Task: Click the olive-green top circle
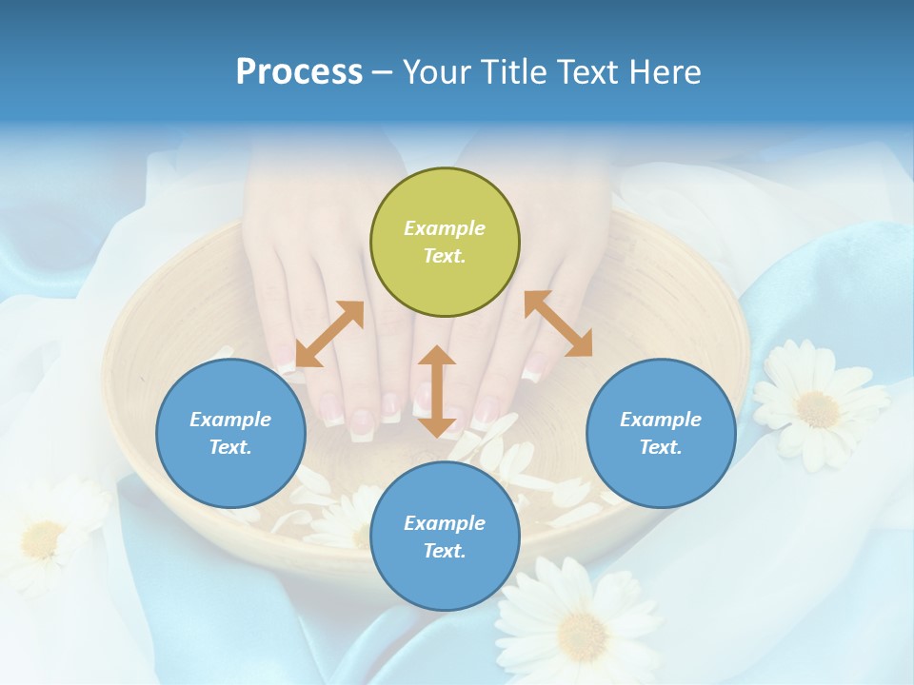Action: [445, 243]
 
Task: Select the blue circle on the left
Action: [230, 434]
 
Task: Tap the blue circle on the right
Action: [661, 434]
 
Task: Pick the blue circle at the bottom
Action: [445, 537]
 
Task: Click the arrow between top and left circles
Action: [329, 334]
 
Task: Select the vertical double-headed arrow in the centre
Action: [437, 391]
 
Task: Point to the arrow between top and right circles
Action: [558, 323]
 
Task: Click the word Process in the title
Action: [299, 71]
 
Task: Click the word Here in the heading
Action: [666, 71]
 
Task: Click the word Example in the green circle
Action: [445, 228]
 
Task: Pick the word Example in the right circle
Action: [661, 420]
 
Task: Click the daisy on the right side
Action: [818, 403]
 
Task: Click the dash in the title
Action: [383, 72]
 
